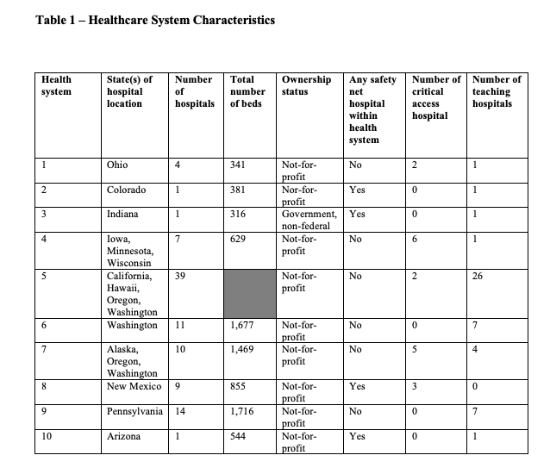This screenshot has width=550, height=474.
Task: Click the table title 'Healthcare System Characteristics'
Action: coord(155,20)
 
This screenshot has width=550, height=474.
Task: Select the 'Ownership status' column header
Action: coord(306,85)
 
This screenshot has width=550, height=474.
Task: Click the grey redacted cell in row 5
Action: coord(249,294)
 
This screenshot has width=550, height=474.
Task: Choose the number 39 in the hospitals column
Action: coord(181,276)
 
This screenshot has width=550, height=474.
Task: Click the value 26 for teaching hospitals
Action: coord(478,276)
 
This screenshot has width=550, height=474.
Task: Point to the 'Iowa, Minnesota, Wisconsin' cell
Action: coord(129,251)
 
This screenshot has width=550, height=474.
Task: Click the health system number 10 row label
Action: coord(47,437)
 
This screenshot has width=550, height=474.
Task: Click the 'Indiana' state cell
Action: coord(122,214)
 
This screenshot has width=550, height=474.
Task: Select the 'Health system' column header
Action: coord(57,85)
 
